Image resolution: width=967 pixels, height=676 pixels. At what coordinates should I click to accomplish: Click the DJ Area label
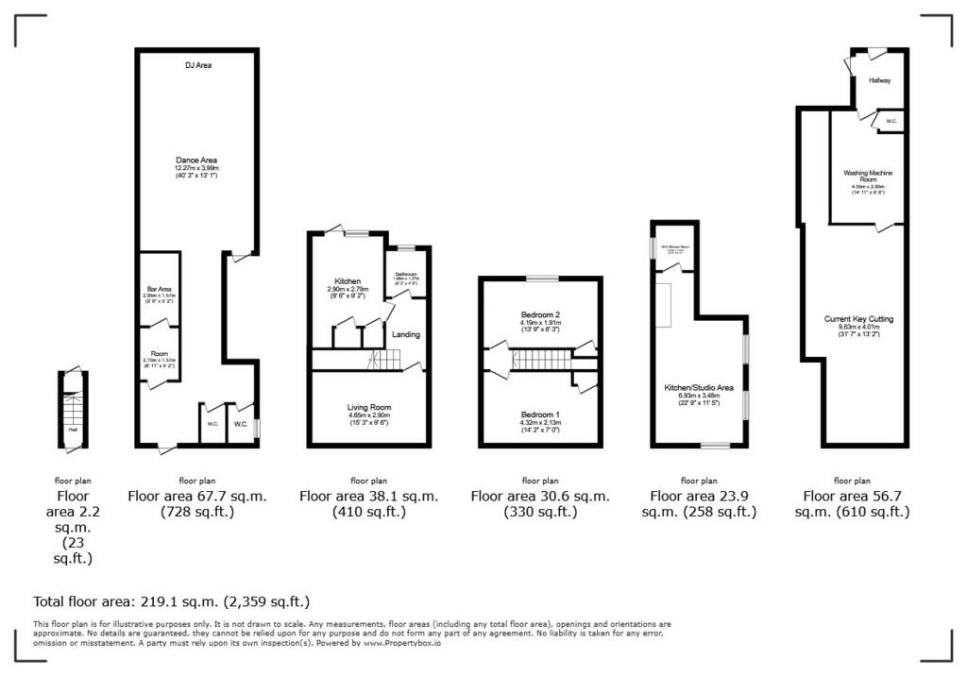click(x=197, y=65)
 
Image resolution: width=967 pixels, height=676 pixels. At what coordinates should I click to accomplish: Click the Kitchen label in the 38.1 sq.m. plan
click(x=348, y=281)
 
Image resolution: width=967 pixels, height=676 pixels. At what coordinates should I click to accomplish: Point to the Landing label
click(x=406, y=334)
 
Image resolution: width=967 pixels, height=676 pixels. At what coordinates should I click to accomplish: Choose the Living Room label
click(x=368, y=407)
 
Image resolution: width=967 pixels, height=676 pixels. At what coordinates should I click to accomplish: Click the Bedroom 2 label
click(x=540, y=314)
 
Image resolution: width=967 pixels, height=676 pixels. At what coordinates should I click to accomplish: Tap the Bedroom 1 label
click(x=540, y=414)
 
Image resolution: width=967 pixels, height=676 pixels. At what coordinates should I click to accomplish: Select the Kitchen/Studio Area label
click(x=699, y=387)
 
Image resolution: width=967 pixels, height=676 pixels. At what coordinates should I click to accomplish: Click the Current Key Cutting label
click(x=858, y=319)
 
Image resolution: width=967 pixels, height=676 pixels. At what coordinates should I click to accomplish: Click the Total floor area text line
click(x=171, y=600)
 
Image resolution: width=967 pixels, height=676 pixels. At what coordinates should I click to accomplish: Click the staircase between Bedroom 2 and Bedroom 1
click(x=542, y=359)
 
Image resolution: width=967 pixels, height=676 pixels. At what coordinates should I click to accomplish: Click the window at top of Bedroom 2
click(x=541, y=279)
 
